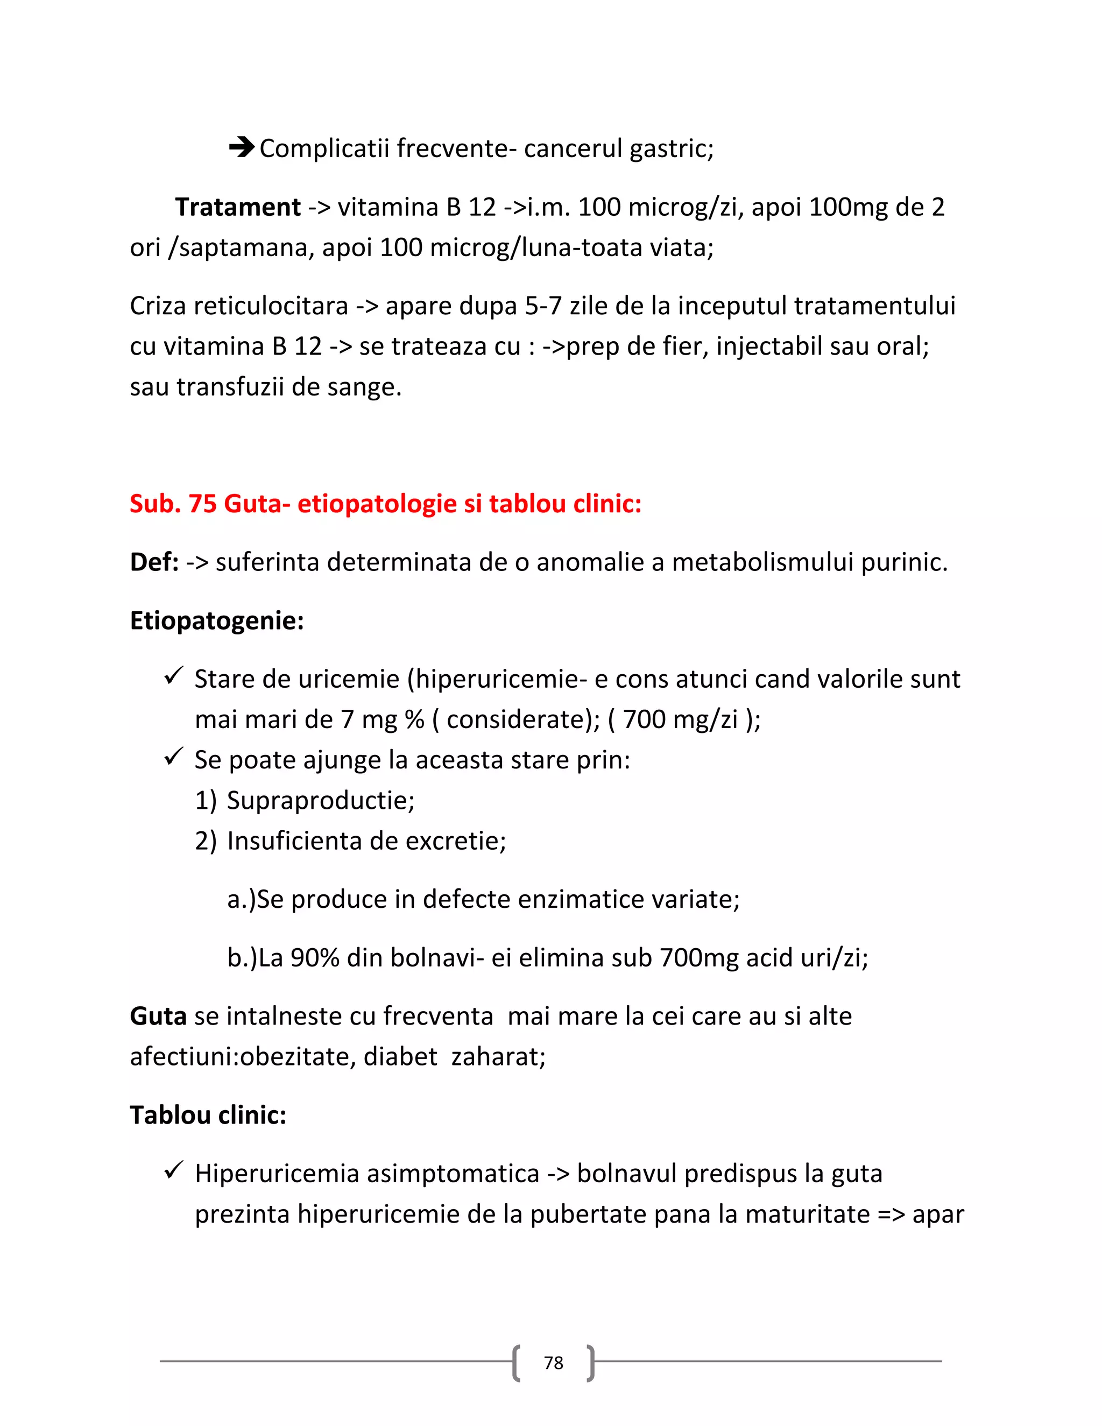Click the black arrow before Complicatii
click(242, 147)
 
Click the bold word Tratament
click(238, 207)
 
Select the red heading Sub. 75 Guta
click(385, 504)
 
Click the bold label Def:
click(154, 561)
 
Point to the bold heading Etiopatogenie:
click(217, 620)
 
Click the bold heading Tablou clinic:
click(208, 1114)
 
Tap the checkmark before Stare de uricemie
click(174, 676)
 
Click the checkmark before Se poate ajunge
click(174, 758)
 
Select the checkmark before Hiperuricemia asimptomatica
click(174, 1171)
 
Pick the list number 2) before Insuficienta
click(205, 841)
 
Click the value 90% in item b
click(315, 958)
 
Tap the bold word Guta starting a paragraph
click(158, 1016)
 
